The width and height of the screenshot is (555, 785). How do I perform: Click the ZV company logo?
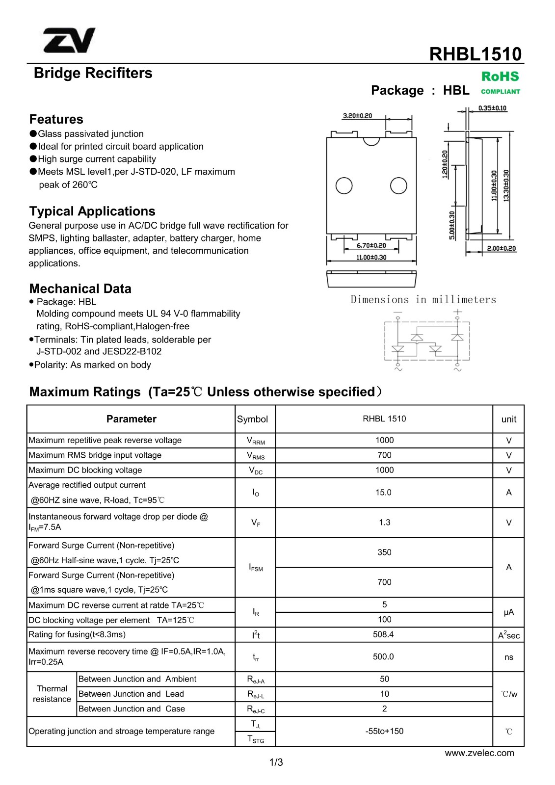pos(69,40)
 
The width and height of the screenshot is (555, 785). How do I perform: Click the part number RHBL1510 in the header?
pos(475,54)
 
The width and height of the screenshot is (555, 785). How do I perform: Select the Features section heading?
pos(56,119)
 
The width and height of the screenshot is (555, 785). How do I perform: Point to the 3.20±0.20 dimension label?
pos(357,116)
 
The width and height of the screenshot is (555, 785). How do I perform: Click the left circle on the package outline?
pos(344,185)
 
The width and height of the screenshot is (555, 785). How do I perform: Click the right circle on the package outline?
pos(398,185)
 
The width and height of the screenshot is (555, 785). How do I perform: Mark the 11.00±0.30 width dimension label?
pos(371,257)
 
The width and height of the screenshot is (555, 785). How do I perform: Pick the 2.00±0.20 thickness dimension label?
pos(501,248)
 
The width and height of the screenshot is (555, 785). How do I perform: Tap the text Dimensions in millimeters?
pos(423,300)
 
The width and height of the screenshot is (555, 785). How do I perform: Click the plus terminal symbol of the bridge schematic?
pos(457,312)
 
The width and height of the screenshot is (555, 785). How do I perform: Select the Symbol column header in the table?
pos(252,419)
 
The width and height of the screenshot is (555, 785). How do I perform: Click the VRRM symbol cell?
pos(256,441)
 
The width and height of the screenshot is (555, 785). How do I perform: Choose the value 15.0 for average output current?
pos(383,492)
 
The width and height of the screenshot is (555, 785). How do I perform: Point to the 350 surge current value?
pos(384,552)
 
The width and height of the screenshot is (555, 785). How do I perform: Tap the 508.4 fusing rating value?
pos(383,634)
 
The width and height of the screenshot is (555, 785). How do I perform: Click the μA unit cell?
pos(508,612)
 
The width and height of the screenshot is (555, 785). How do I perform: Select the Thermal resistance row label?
pos(52,694)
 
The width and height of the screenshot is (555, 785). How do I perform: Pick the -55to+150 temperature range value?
pos(384,731)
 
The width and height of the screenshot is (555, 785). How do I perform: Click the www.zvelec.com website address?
pos(479,753)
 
